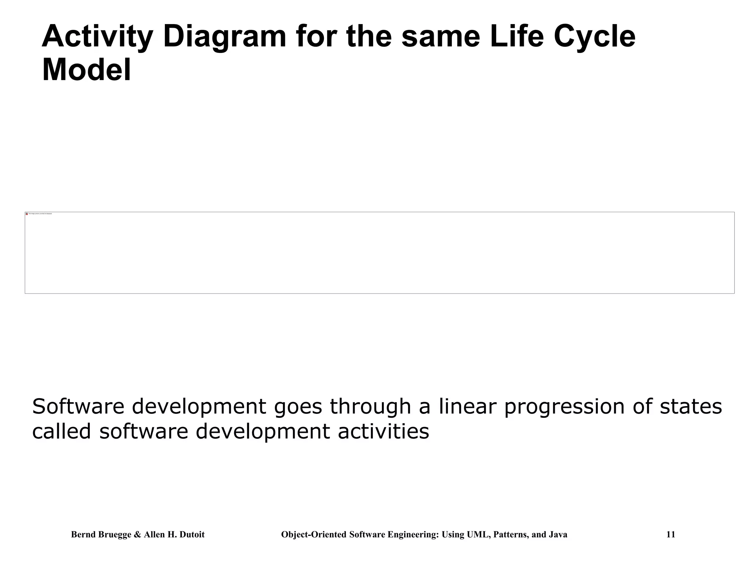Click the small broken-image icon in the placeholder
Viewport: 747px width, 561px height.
(27, 214)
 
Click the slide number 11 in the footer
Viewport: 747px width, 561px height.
(670, 535)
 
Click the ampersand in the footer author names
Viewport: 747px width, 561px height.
(137, 535)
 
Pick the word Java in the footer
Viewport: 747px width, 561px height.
(558, 535)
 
